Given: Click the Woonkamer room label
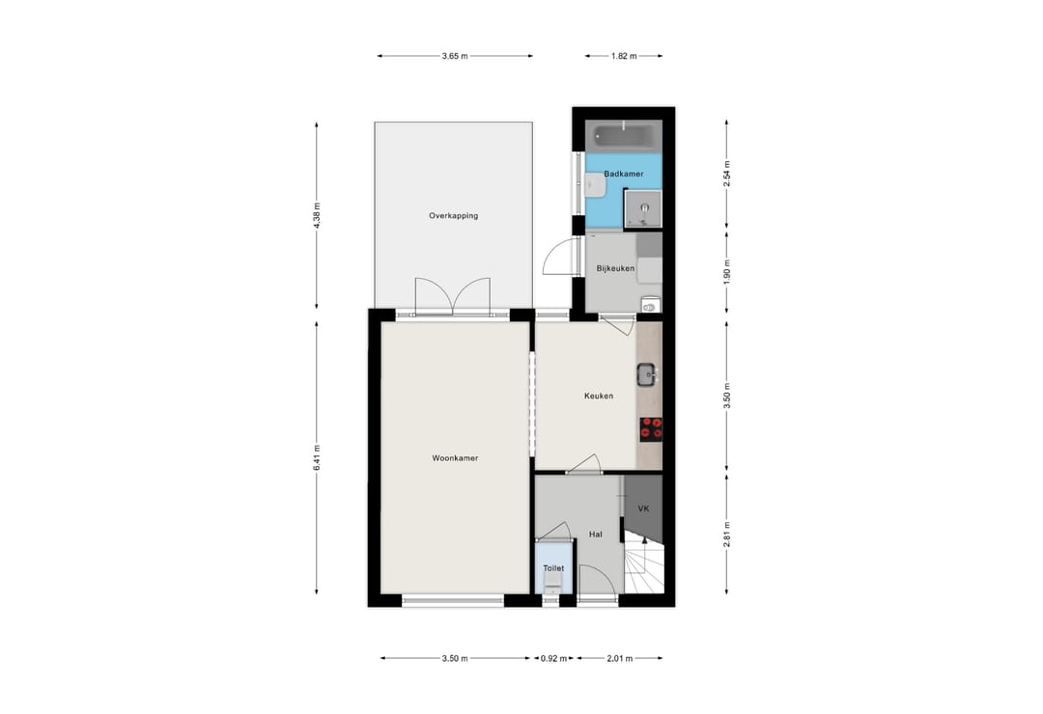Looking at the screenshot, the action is (x=455, y=458).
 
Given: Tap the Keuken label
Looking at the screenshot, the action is (x=599, y=396).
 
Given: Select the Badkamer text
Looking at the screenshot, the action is (x=623, y=175).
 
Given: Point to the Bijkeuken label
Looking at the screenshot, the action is (x=615, y=268).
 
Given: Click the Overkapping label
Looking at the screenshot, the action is (x=453, y=216).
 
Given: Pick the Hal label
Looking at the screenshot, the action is (x=595, y=534).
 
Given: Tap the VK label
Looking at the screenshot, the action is (x=643, y=508).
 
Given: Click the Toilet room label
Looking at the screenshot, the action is (x=553, y=568).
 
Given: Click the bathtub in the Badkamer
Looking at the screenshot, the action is (x=623, y=137).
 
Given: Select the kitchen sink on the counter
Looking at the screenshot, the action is (x=647, y=375).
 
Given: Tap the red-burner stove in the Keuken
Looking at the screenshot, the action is (x=651, y=428).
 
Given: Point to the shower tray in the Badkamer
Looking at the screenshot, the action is (x=643, y=208).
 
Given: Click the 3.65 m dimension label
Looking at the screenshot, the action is (x=455, y=57).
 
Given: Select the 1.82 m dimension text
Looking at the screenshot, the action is (x=624, y=57).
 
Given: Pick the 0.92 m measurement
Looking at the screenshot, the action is (x=553, y=659).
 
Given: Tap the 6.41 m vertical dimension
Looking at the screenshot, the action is (x=317, y=457).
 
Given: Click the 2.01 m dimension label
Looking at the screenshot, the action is (x=620, y=659).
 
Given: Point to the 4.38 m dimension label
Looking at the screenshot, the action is (x=317, y=215).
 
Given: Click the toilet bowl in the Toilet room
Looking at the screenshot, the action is (x=552, y=583).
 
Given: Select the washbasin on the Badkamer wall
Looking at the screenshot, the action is (x=594, y=184).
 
